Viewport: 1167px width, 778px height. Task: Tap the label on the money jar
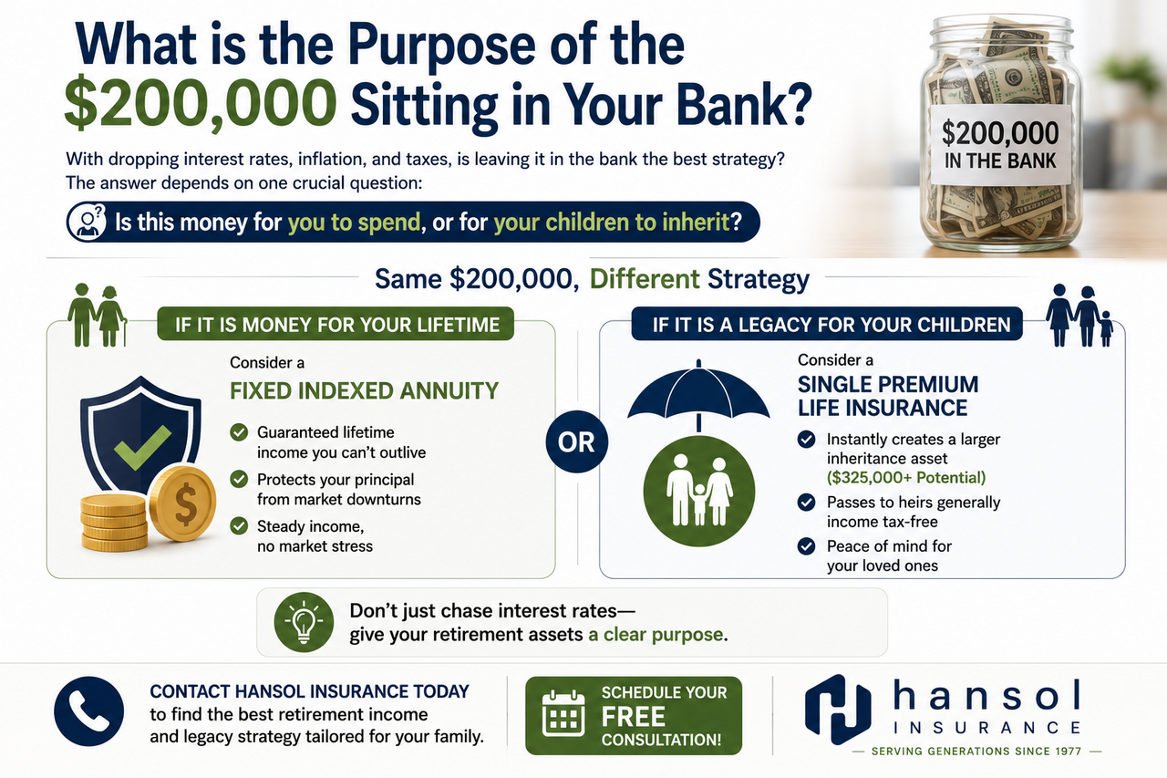1000,145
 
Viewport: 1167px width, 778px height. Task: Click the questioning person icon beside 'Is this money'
87,222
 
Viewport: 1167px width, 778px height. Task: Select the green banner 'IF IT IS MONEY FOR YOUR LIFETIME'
336,324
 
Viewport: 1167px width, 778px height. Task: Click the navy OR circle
577,441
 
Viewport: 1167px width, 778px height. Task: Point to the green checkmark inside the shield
142,447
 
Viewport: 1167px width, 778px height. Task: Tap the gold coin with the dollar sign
182,503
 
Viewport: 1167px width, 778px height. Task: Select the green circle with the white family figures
698,491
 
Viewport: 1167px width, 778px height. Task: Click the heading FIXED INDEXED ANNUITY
364,390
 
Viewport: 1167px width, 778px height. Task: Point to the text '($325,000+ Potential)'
906,477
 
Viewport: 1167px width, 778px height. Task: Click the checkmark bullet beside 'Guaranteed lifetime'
239,432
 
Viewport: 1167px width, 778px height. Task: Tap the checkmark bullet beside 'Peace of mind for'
807,546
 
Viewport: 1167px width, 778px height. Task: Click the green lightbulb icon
304,622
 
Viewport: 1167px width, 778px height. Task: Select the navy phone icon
89,711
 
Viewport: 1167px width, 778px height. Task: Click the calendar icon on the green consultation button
563,714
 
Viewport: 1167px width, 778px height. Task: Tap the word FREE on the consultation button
633,717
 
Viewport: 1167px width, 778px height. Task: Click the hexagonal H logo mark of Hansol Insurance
838,710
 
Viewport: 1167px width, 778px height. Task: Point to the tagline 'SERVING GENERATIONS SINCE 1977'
976,752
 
